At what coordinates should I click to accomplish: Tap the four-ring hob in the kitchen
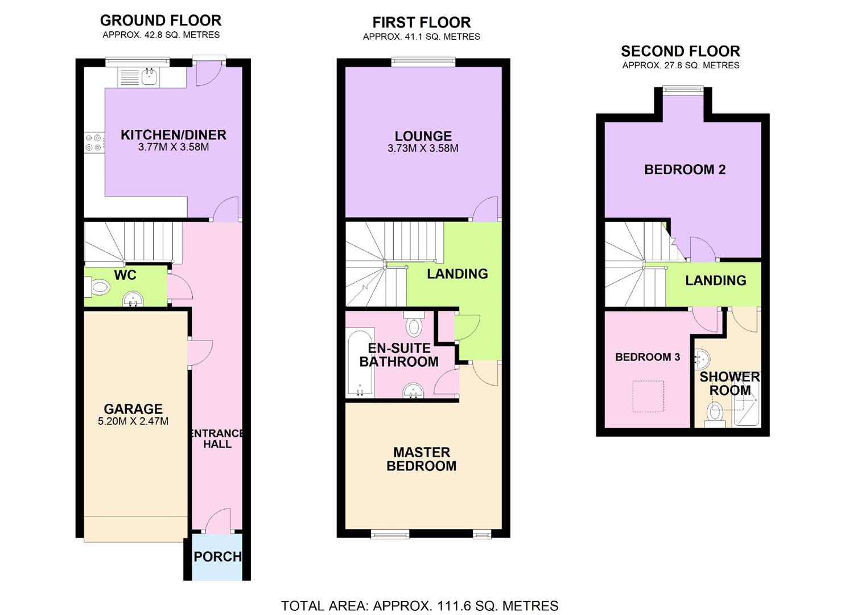point(94,142)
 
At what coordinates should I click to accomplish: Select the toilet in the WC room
point(98,288)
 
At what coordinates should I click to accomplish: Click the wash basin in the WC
point(133,300)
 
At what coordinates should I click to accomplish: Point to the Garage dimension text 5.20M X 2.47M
point(133,421)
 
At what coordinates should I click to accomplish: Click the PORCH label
point(218,556)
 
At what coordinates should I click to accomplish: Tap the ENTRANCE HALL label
point(217,438)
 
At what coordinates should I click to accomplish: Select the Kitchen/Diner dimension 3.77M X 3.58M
point(174,147)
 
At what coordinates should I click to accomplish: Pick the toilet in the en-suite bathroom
point(414,325)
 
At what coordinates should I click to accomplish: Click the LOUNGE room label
point(423,136)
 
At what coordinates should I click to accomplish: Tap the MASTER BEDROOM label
point(422,459)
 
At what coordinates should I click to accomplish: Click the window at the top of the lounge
point(423,62)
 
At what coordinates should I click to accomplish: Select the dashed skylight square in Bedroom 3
point(648,396)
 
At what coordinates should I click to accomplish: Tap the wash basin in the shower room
point(702,359)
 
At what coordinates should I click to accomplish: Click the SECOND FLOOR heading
point(681,51)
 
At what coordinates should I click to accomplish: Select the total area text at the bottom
point(419,605)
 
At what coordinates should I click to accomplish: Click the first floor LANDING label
point(457,274)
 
